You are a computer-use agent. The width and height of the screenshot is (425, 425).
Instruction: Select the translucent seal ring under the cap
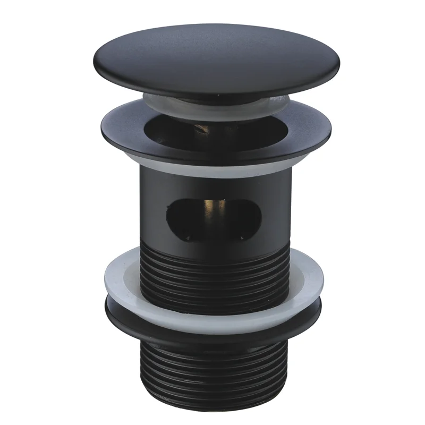pos(159,101)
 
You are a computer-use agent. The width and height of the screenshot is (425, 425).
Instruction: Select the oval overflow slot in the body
pos(212,215)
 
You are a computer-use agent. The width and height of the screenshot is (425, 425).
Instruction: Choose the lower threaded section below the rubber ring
pos(212,372)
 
